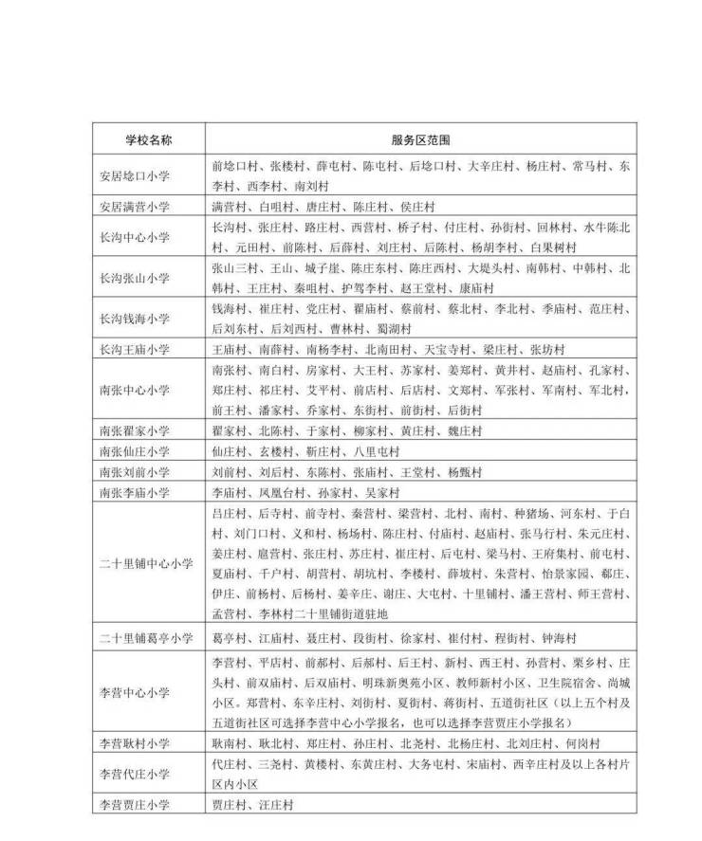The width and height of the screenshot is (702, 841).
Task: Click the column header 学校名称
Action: click(x=148, y=138)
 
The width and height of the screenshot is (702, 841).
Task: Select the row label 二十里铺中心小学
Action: click(x=148, y=563)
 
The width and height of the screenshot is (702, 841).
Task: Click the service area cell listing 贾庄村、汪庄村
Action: click(x=251, y=805)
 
